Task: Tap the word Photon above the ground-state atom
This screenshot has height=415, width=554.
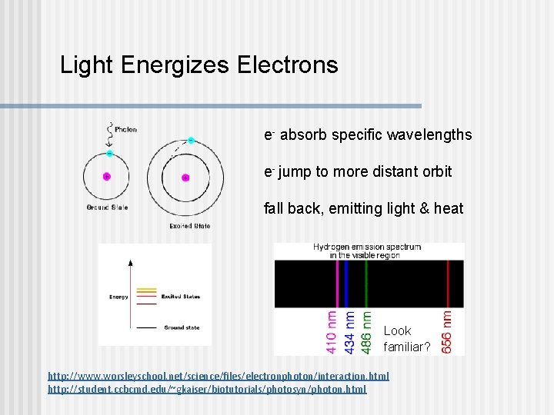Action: [x=126, y=129]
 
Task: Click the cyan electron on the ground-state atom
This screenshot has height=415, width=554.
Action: [x=110, y=154]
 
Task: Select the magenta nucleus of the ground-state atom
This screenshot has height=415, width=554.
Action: [x=107, y=176]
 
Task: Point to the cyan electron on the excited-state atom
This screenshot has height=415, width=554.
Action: [x=190, y=141]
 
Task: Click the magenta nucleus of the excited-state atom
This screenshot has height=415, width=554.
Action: [x=185, y=178]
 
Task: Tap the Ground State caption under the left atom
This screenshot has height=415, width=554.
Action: [x=108, y=207]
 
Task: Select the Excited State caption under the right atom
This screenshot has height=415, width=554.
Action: [x=190, y=226]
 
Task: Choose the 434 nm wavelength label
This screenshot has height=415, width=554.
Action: [x=350, y=332]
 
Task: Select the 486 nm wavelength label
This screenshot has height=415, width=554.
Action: [x=367, y=332]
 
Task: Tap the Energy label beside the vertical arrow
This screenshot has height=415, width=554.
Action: [x=119, y=296]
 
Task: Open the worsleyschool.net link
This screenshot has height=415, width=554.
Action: [x=219, y=376]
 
